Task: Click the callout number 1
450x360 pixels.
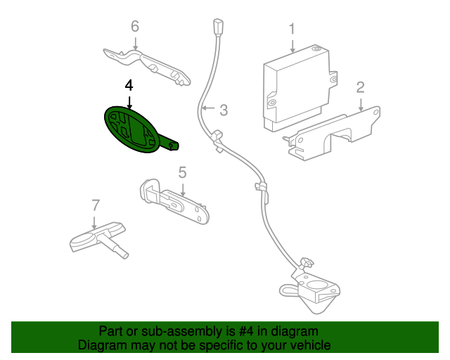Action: tap(292, 29)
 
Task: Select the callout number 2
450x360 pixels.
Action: tap(361, 88)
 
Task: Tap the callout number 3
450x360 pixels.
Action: tap(224, 110)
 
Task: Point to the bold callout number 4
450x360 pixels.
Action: tap(129, 86)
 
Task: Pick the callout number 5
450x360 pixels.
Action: tap(183, 172)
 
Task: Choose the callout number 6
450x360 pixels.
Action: tap(135, 26)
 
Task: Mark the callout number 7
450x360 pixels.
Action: tap(96, 205)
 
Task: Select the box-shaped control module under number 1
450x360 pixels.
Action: tap(300, 88)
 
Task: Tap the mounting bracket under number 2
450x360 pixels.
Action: tap(333, 134)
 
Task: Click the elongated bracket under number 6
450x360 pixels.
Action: tap(147, 67)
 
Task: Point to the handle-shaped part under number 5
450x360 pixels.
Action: tap(174, 201)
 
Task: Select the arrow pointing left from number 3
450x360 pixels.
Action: tap(208, 108)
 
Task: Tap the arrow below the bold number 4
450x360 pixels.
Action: tap(129, 103)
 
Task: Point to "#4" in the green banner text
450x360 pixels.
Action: tap(246, 331)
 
